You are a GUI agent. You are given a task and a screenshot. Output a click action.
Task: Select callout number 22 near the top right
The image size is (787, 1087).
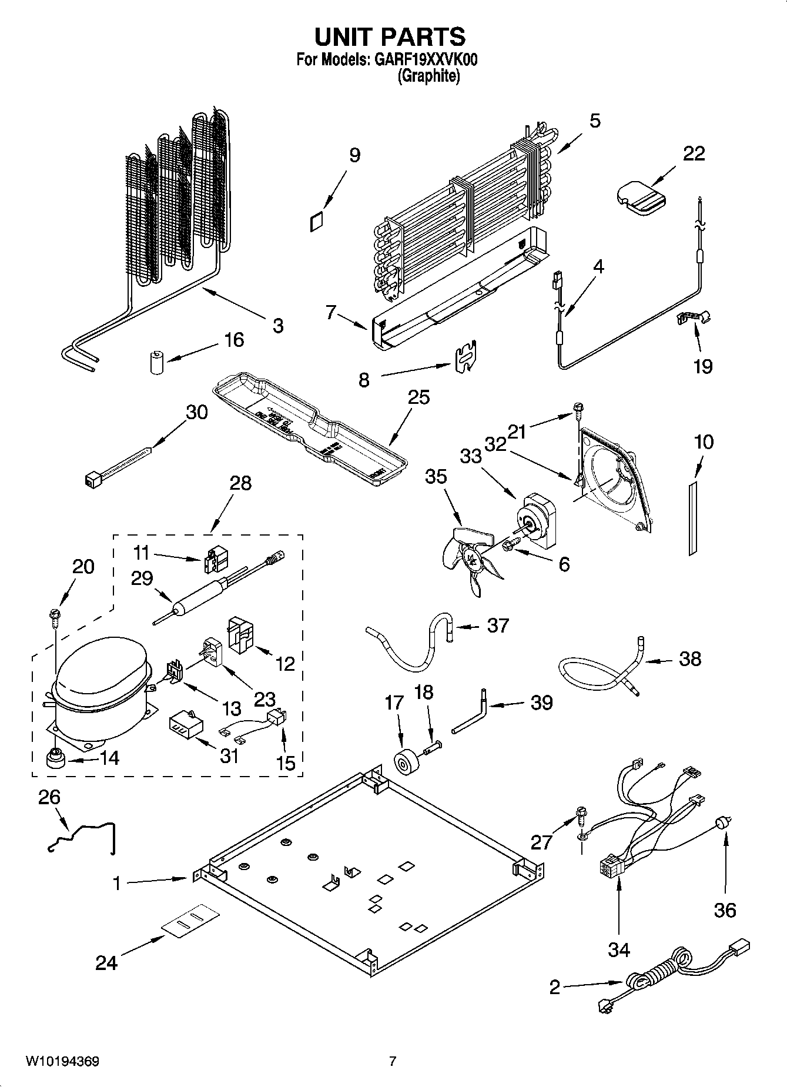tap(694, 153)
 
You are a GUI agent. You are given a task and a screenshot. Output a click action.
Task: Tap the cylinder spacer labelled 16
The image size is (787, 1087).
tap(156, 362)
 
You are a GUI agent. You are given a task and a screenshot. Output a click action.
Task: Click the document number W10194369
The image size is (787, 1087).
tap(62, 1061)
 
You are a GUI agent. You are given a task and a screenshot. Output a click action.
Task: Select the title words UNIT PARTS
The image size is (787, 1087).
tap(390, 37)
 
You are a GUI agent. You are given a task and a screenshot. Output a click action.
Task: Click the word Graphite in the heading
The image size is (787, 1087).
tap(428, 76)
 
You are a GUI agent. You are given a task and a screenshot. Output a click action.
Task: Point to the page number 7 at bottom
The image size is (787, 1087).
tap(393, 1061)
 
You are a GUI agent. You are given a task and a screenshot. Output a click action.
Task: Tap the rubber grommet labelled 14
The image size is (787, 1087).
tap(55, 758)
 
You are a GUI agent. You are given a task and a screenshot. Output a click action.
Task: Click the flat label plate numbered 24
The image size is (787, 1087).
tap(190, 921)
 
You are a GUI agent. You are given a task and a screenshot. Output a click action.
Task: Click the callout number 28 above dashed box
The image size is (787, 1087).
tap(240, 483)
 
